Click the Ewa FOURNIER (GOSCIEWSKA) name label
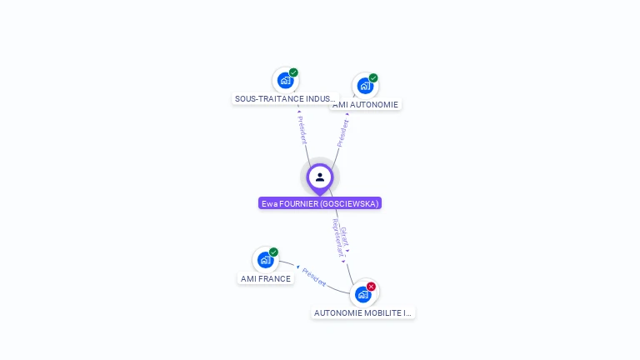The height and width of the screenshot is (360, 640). pyautogui.click(x=320, y=203)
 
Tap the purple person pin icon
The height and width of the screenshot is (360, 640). pyautogui.click(x=320, y=177)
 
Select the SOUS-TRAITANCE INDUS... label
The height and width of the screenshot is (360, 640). pyautogui.click(x=285, y=98)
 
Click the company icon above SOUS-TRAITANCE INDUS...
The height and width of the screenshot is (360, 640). pyautogui.click(x=285, y=81)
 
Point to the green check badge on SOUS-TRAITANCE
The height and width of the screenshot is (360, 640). pyautogui.click(x=293, y=72)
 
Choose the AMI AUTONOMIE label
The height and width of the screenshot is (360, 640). pyautogui.click(x=366, y=105)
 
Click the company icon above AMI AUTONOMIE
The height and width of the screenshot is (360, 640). pyautogui.click(x=365, y=86)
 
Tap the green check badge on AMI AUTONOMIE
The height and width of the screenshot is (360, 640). pyautogui.click(x=373, y=77)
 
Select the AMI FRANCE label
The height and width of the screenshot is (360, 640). pyautogui.click(x=266, y=278)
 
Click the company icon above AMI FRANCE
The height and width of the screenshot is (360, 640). pyautogui.click(x=265, y=260)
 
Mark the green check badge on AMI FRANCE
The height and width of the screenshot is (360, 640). pyautogui.click(x=273, y=252)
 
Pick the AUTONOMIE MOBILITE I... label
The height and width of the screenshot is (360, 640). pyautogui.click(x=363, y=313)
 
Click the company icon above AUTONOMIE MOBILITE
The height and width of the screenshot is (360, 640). pyautogui.click(x=362, y=294)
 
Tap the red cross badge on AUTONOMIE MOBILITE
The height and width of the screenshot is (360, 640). pyautogui.click(x=371, y=286)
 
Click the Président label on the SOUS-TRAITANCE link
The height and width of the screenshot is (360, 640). pyautogui.click(x=302, y=129)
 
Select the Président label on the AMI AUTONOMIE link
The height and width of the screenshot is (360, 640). pyautogui.click(x=342, y=133)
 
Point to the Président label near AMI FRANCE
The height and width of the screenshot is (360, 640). pyautogui.click(x=314, y=277)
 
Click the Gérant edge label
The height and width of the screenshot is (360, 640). pyautogui.click(x=345, y=237)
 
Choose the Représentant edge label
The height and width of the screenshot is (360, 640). pyautogui.click(x=337, y=238)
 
